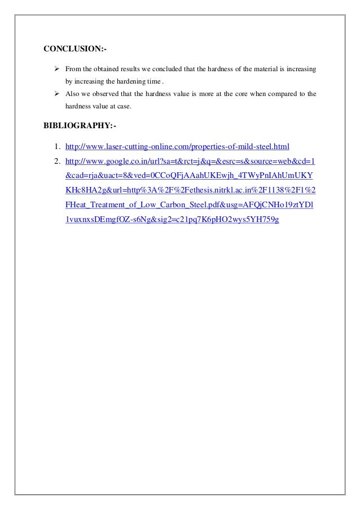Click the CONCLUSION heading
pos(74,49)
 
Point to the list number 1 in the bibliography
pos(57,147)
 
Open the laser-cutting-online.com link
pos(177,147)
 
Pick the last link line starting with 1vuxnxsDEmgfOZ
pos(173,218)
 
